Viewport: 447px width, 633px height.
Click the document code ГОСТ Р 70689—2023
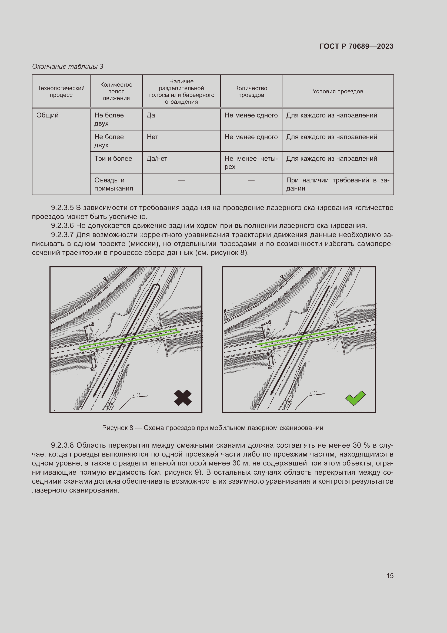coord(356,46)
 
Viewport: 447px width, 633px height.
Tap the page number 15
coord(390,576)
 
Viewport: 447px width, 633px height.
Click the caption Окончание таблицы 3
coord(68,67)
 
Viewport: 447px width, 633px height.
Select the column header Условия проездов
coord(338,91)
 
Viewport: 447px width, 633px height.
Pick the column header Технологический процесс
coord(61,91)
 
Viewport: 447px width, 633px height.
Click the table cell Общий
coord(47,115)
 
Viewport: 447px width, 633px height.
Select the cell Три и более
coord(113,159)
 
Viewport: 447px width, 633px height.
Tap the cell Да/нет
coord(157,159)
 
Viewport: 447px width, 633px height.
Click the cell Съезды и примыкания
coord(114,184)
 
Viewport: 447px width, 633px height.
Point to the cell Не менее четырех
coord(251,162)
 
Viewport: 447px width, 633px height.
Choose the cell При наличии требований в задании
coord(338,184)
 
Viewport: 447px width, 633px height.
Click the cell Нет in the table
coord(152,137)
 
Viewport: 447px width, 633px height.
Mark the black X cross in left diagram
coord(183,398)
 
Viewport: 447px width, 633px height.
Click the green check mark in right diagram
coord(355,398)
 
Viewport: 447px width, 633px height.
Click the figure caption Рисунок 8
coord(118,428)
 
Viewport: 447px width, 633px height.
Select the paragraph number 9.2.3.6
coord(62,225)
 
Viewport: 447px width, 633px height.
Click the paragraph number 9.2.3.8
coord(62,445)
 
